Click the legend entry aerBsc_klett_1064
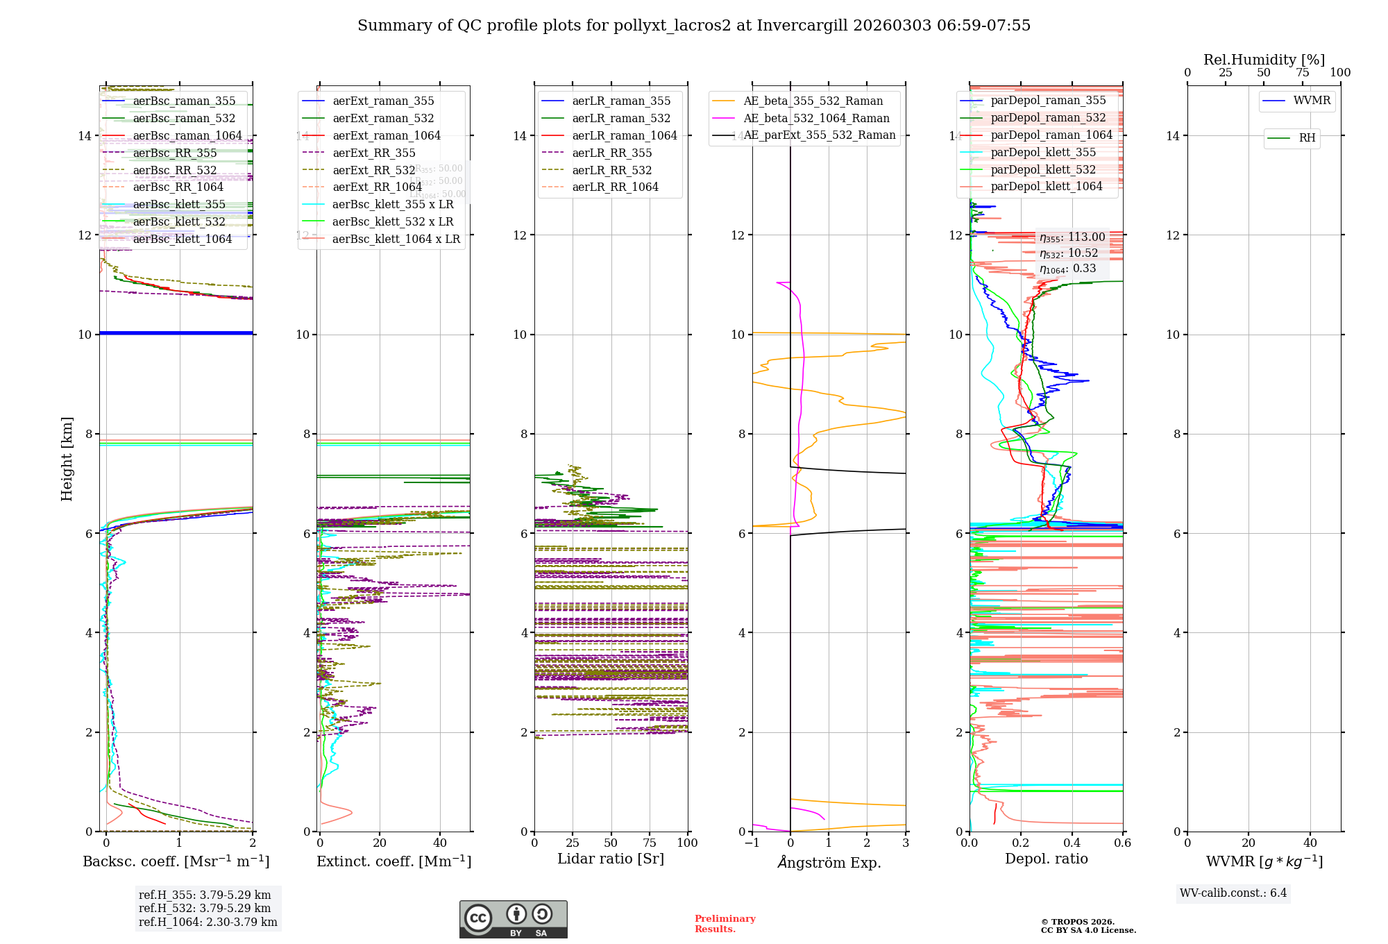click(182, 239)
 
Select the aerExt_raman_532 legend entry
click(383, 118)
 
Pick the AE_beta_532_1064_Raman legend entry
click(816, 118)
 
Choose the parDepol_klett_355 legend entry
click(1043, 152)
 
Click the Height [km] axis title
click(67, 458)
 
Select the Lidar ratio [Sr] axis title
click(610, 859)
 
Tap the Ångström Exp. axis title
click(829, 862)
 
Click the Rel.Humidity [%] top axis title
click(1264, 60)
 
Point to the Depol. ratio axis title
click(1046, 859)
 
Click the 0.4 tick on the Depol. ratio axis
click(1072, 843)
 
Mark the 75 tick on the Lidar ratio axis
click(650, 843)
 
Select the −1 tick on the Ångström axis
click(752, 843)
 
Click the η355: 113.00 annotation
click(1072, 237)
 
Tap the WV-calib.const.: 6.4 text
click(1233, 893)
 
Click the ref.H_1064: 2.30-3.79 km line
click(208, 922)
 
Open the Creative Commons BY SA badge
click(513, 919)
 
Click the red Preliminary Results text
click(725, 923)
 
